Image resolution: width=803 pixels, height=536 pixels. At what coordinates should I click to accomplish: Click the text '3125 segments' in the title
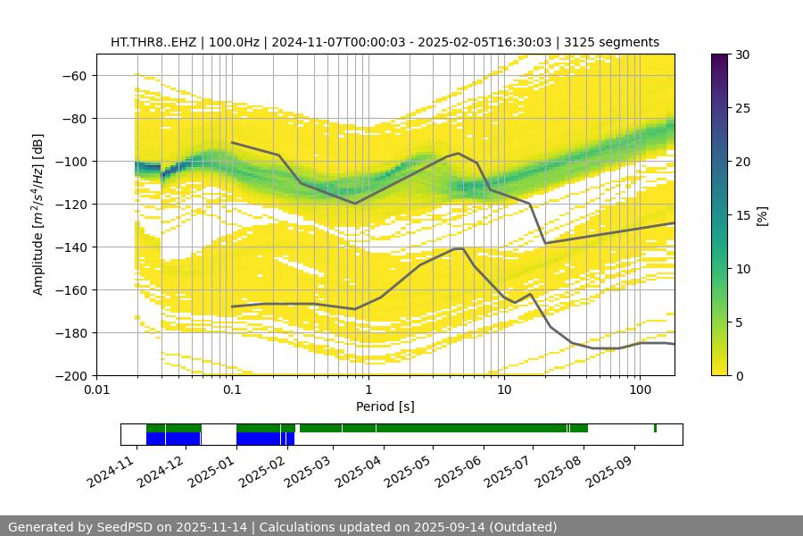pyautogui.click(x=618, y=42)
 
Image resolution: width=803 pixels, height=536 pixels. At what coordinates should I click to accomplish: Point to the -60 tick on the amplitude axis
pyautogui.click(x=73, y=75)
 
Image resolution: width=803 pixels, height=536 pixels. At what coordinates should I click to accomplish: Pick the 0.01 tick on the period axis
pyautogui.click(x=96, y=389)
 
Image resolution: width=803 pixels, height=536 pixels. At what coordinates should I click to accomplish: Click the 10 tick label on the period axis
pyautogui.click(x=504, y=389)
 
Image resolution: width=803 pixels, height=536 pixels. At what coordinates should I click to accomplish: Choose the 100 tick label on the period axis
pyautogui.click(x=640, y=389)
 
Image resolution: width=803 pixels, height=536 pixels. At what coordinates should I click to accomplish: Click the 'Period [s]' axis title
pyautogui.click(x=385, y=406)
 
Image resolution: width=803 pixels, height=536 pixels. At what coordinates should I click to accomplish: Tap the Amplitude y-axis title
pyautogui.click(x=37, y=214)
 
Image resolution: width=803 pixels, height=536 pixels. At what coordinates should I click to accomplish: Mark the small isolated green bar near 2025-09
pyautogui.click(x=655, y=429)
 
